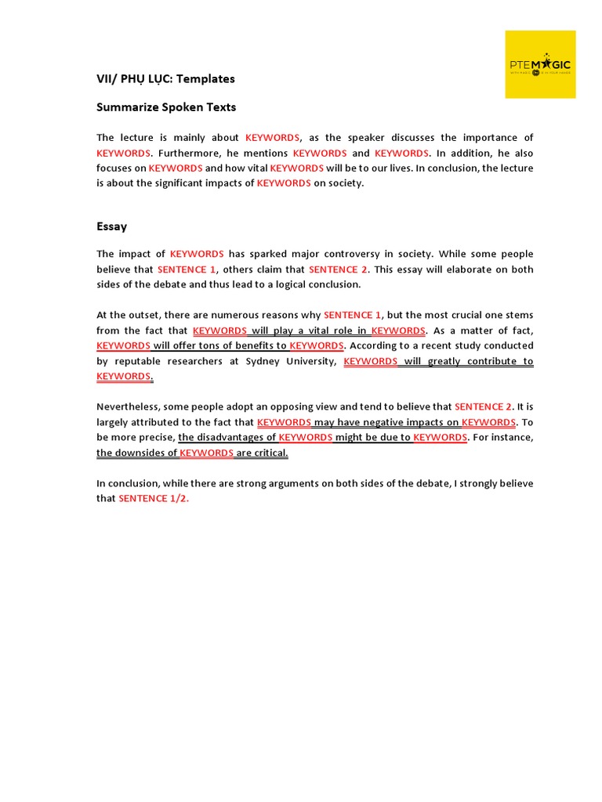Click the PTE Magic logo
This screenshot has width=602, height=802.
540,64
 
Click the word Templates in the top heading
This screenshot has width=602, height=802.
206,78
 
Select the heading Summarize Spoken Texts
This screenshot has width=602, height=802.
166,107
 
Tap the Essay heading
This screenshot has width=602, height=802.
112,226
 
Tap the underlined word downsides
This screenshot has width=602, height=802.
147,453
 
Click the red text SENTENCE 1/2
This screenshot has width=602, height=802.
154,498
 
